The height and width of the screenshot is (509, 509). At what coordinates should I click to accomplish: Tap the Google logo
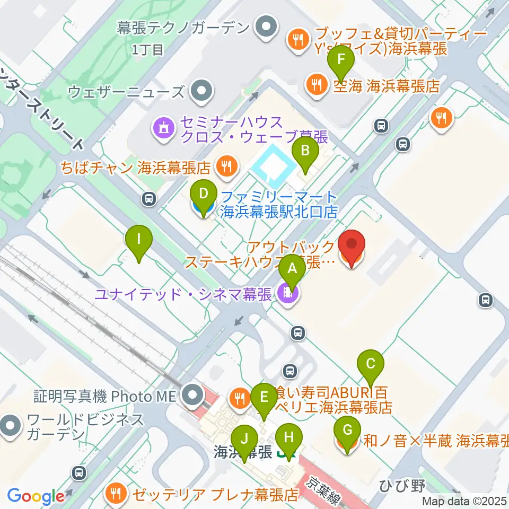coord(36,497)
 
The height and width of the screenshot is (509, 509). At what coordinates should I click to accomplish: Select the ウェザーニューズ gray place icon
coord(201,91)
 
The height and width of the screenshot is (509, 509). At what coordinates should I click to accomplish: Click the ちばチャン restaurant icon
coord(226,168)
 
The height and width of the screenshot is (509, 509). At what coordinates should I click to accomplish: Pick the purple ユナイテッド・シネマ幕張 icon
coord(287,293)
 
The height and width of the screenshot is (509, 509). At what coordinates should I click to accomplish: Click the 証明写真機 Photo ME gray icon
coord(190,394)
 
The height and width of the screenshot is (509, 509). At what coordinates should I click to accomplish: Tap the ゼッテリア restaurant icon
coord(116,494)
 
